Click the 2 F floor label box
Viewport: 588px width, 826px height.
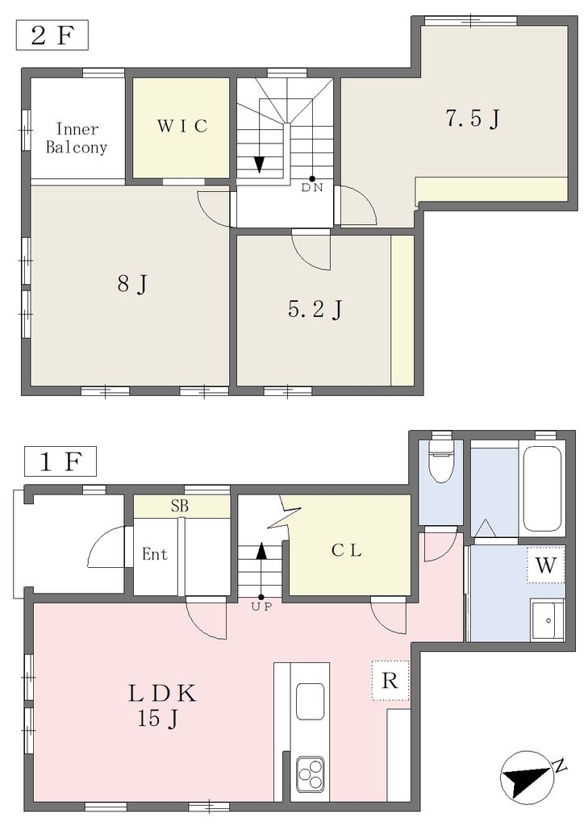point(52,35)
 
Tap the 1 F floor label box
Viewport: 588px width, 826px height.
point(60,461)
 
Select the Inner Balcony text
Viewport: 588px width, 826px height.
point(77,138)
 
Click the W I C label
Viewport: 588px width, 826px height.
point(182,127)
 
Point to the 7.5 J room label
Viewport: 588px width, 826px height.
point(473,119)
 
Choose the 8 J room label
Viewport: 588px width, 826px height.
point(132,285)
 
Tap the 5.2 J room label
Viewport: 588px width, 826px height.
point(315,309)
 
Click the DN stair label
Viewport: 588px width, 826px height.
point(312,187)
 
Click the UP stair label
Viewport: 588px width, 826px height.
point(261,607)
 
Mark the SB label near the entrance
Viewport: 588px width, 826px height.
point(180,506)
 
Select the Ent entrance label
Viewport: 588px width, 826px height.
point(155,554)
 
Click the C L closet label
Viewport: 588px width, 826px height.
point(347,550)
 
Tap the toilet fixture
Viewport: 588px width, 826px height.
point(441,457)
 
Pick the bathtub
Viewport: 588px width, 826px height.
point(542,489)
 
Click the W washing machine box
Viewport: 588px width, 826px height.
point(546,565)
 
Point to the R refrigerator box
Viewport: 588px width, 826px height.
point(390,681)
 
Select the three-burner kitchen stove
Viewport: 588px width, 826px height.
point(310,774)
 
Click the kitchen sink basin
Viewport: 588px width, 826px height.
point(310,701)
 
